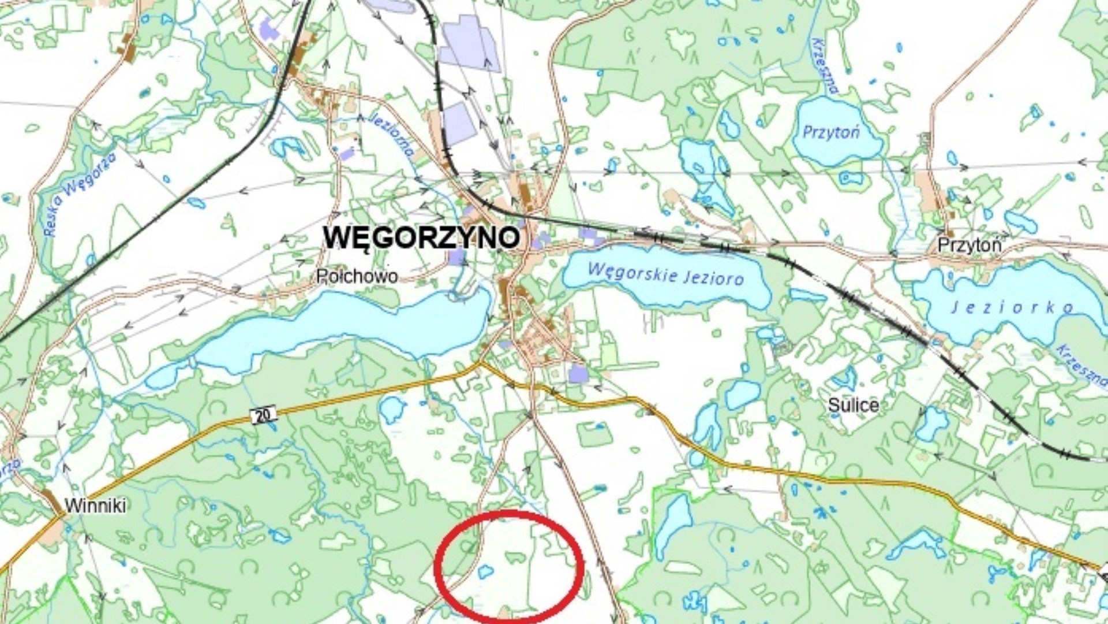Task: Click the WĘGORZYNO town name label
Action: [x=421, y=237]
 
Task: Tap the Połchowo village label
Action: [x=357, y=277]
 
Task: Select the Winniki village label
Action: [x=95, y=506]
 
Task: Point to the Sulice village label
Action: [x=853, y=405]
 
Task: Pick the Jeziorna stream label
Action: [x=392, y=134]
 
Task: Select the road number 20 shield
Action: [x=263, y=415]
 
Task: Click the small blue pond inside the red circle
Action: [x=485, y=572]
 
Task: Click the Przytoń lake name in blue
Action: [x=831, y=132]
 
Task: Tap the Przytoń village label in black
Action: [x=969, y=245]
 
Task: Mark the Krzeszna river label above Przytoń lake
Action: [x=824, y=66]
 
